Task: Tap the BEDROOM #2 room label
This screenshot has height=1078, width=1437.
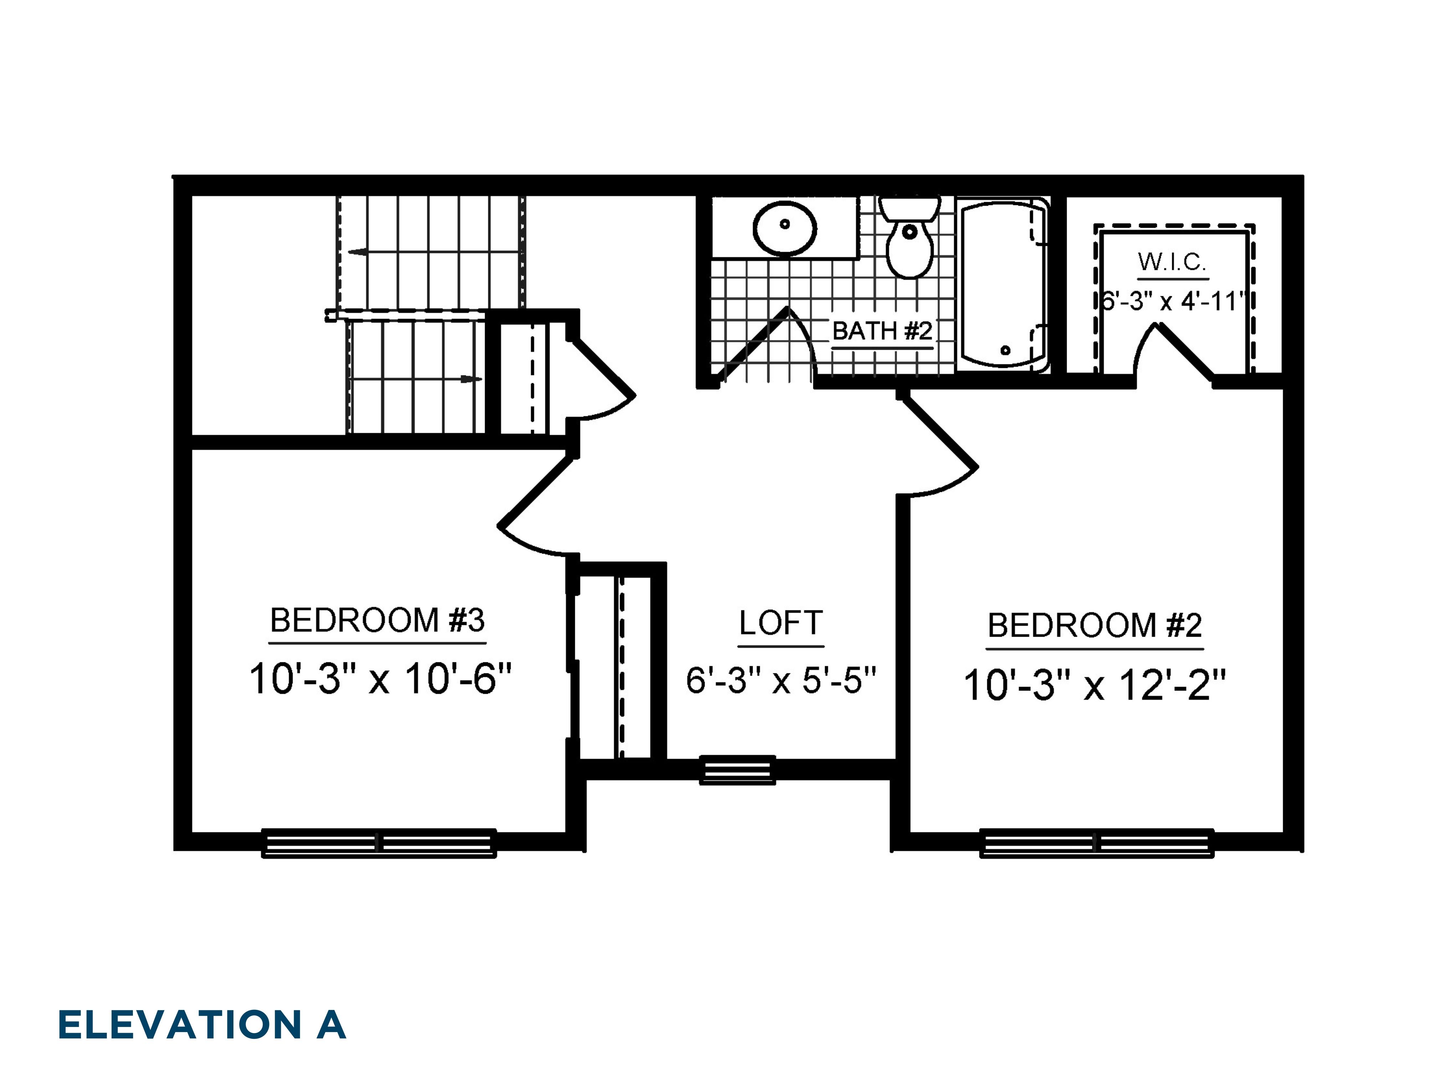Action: pyautogui.click(x=1095, y=626)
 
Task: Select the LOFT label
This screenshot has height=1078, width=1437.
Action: pyautogui.click(x=781, y=623)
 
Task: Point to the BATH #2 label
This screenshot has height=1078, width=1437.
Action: pyautogui.click(x=882, y=332)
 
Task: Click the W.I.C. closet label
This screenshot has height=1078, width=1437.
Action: pyautogui.click(x=1172, y=262)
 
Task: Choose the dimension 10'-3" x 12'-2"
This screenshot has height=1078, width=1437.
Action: pyautogui.click(x=1095, y=686)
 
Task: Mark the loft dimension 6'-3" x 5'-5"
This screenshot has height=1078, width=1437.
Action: pyautogui.click(x=781, y=681)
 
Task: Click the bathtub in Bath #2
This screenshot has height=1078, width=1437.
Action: pyautogui.click(x=1004, y=286)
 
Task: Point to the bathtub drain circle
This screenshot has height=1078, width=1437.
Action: pyautogui.click(x=1006, y=350)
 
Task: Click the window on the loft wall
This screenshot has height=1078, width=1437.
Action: pyautogui.click(x=737, y=770)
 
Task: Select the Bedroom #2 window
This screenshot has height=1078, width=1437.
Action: pyautogui.click(x=1097, y=843)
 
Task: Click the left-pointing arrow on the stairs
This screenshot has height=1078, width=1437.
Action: pyautogui.click(x=357, y=252)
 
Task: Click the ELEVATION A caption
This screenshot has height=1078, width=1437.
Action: pyautogui.click(x=201, y=1025)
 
